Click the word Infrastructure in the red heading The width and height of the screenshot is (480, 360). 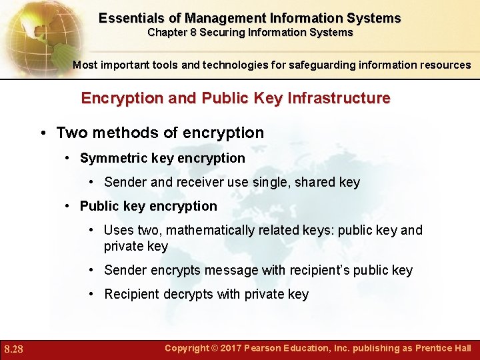[334, 98]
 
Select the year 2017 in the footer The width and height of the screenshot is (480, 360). [228, 348]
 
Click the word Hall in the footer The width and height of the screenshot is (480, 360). [461, 348]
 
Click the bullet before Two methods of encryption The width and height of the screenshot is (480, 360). [42, 133]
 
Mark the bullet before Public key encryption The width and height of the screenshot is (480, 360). [69, 206]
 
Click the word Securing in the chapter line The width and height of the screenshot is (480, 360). [222, 32]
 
